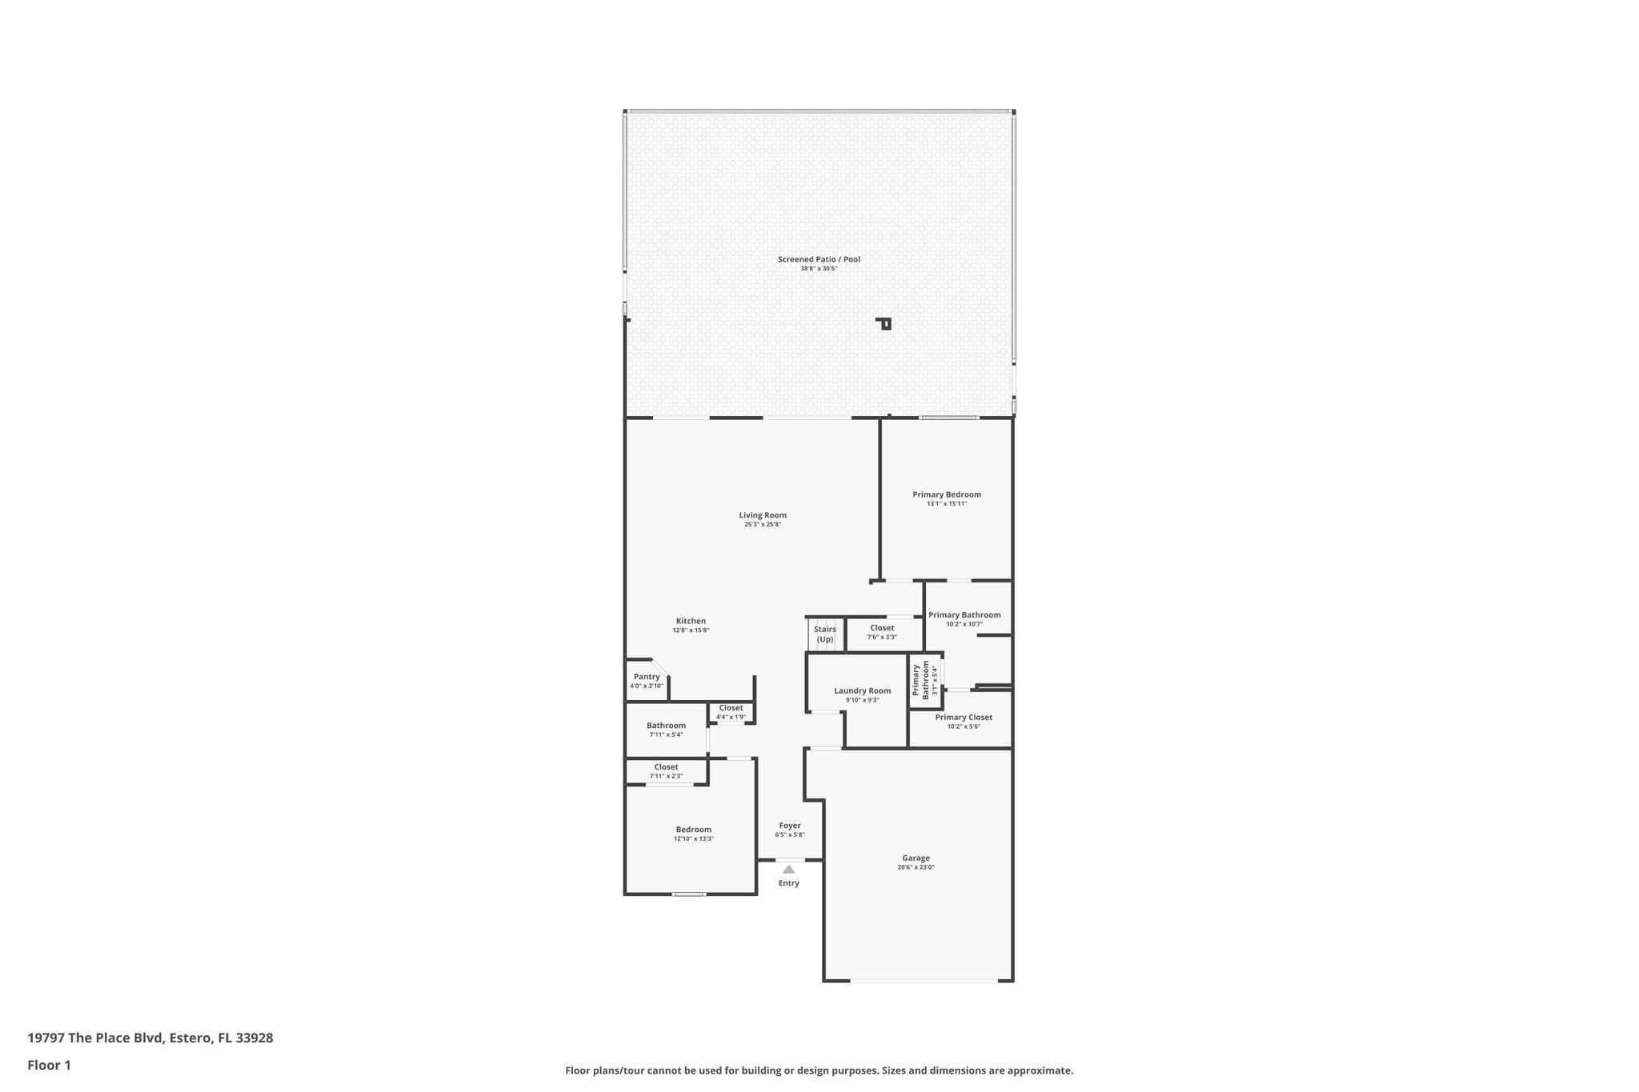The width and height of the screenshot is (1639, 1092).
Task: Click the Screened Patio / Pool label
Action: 819,259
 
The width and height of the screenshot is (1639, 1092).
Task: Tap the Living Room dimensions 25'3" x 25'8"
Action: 762,525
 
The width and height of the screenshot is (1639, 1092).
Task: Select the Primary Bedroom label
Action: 947,494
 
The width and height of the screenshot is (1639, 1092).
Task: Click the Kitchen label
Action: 691,621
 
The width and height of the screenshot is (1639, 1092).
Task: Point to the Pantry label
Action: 647,677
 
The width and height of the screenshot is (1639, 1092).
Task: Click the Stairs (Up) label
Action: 825,634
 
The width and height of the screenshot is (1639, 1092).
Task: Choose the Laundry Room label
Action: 862,691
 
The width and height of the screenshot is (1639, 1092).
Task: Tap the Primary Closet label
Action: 964,718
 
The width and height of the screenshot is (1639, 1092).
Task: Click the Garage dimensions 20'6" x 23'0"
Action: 916,867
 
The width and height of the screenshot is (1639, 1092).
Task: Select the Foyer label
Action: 790,826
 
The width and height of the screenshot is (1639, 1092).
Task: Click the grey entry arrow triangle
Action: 789,869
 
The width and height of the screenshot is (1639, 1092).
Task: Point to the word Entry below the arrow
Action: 789,883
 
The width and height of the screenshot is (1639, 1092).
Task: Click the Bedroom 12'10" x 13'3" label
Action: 693,830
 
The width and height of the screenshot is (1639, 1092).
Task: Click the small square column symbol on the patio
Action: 885,324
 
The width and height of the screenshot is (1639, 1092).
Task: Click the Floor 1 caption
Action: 49,1065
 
